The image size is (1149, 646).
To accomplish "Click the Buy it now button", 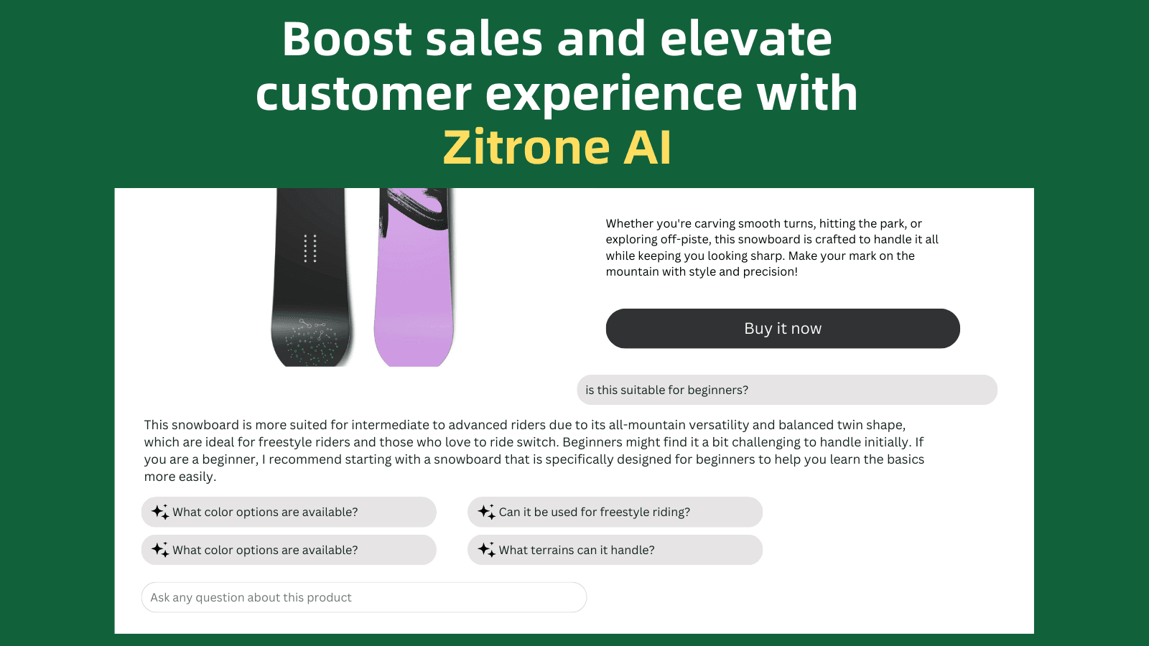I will (783, 329).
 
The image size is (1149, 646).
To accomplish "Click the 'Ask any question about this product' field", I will (363, 597).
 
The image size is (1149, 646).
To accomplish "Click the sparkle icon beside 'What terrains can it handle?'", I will (486, 550).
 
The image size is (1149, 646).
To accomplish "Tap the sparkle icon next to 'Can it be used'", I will (486, 512).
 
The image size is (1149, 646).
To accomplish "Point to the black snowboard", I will (311, 287).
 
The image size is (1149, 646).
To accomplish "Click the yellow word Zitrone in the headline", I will (526, 148).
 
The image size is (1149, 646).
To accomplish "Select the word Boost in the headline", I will (347, 39).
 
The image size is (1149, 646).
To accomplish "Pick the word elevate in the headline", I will (745, 39).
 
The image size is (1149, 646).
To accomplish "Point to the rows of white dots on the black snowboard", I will (310, 248).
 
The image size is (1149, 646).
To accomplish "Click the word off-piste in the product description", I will (682, 240).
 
